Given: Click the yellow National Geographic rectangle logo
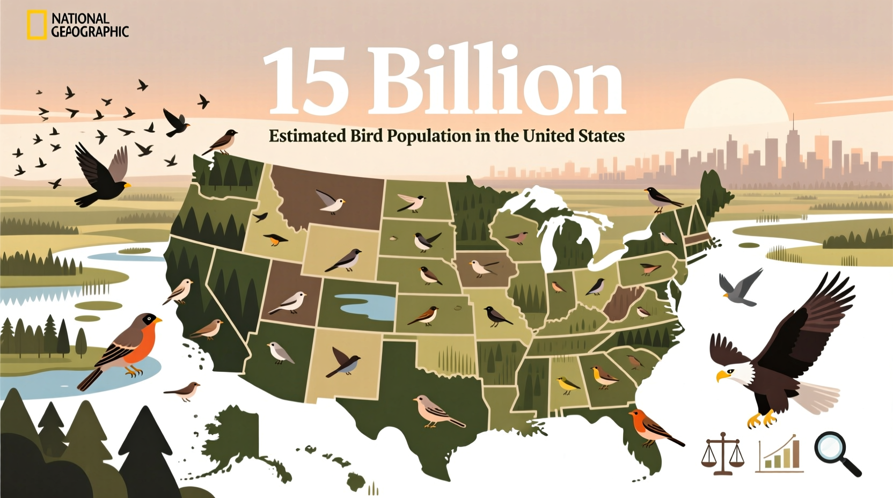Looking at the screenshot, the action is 36,25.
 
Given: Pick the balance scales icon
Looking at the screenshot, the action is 722,453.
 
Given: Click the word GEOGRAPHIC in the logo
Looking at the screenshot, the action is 90,32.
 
